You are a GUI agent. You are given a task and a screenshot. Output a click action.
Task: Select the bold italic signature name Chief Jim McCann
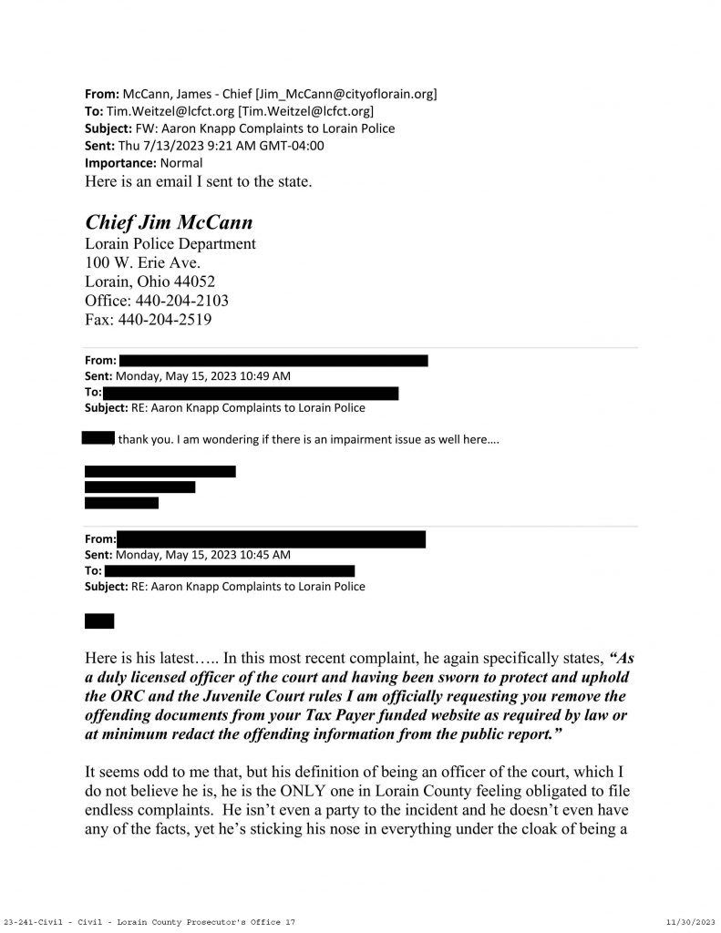[169, 222]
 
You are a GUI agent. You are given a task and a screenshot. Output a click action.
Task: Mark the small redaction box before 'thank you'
[97, 439]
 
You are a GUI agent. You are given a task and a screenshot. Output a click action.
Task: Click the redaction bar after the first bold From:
[273, 361]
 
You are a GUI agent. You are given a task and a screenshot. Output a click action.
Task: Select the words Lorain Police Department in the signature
[170, 244]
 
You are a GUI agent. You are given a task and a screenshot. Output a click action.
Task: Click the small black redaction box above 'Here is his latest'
[99, 621]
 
